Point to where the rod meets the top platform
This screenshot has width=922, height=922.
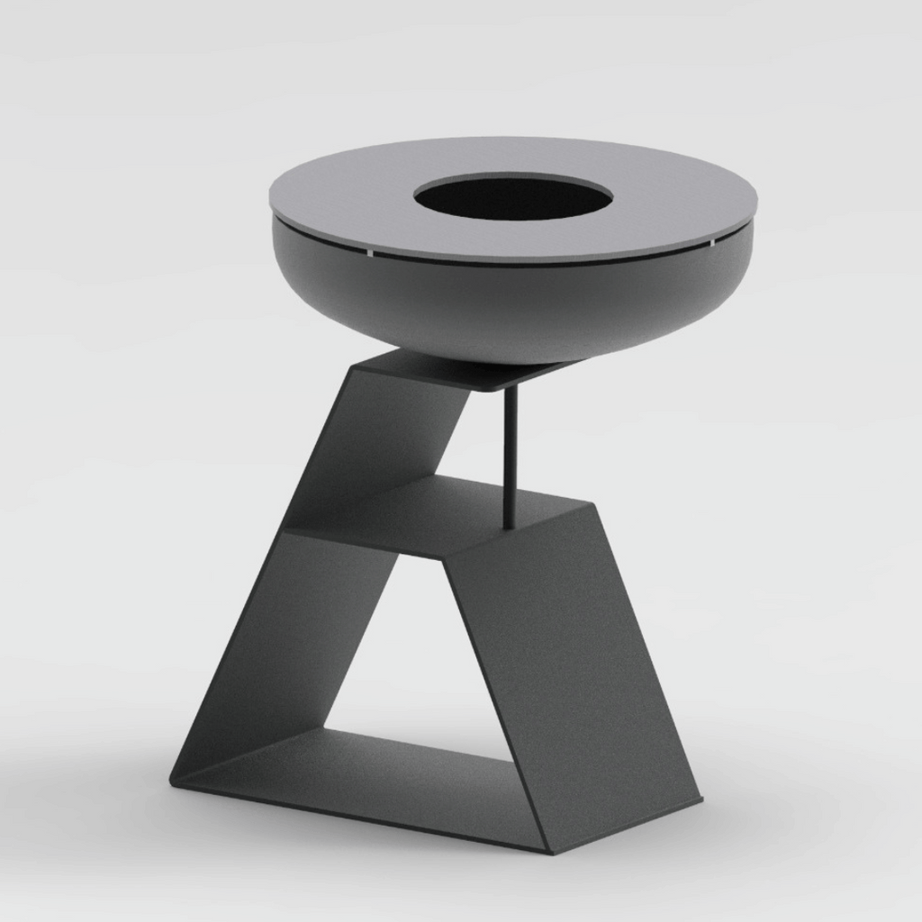click(511, 389)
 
